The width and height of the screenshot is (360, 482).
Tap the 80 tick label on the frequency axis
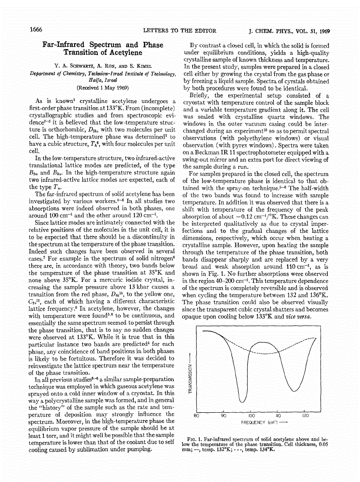196,415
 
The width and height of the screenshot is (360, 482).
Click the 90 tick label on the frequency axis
223,415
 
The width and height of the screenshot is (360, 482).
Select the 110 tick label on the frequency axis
278,415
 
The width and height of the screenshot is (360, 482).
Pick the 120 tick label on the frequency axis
305,415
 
